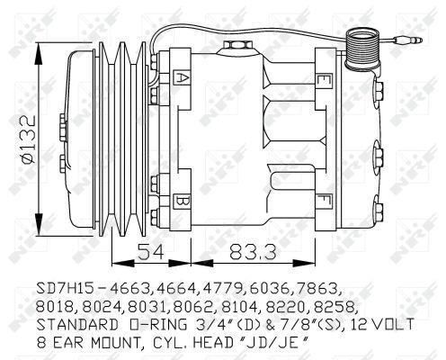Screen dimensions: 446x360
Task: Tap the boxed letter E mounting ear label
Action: point(324,80)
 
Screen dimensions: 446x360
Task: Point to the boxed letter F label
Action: point(324,202)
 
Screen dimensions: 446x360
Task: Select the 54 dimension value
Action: point(151,251)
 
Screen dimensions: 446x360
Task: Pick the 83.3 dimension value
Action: point(253,251)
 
